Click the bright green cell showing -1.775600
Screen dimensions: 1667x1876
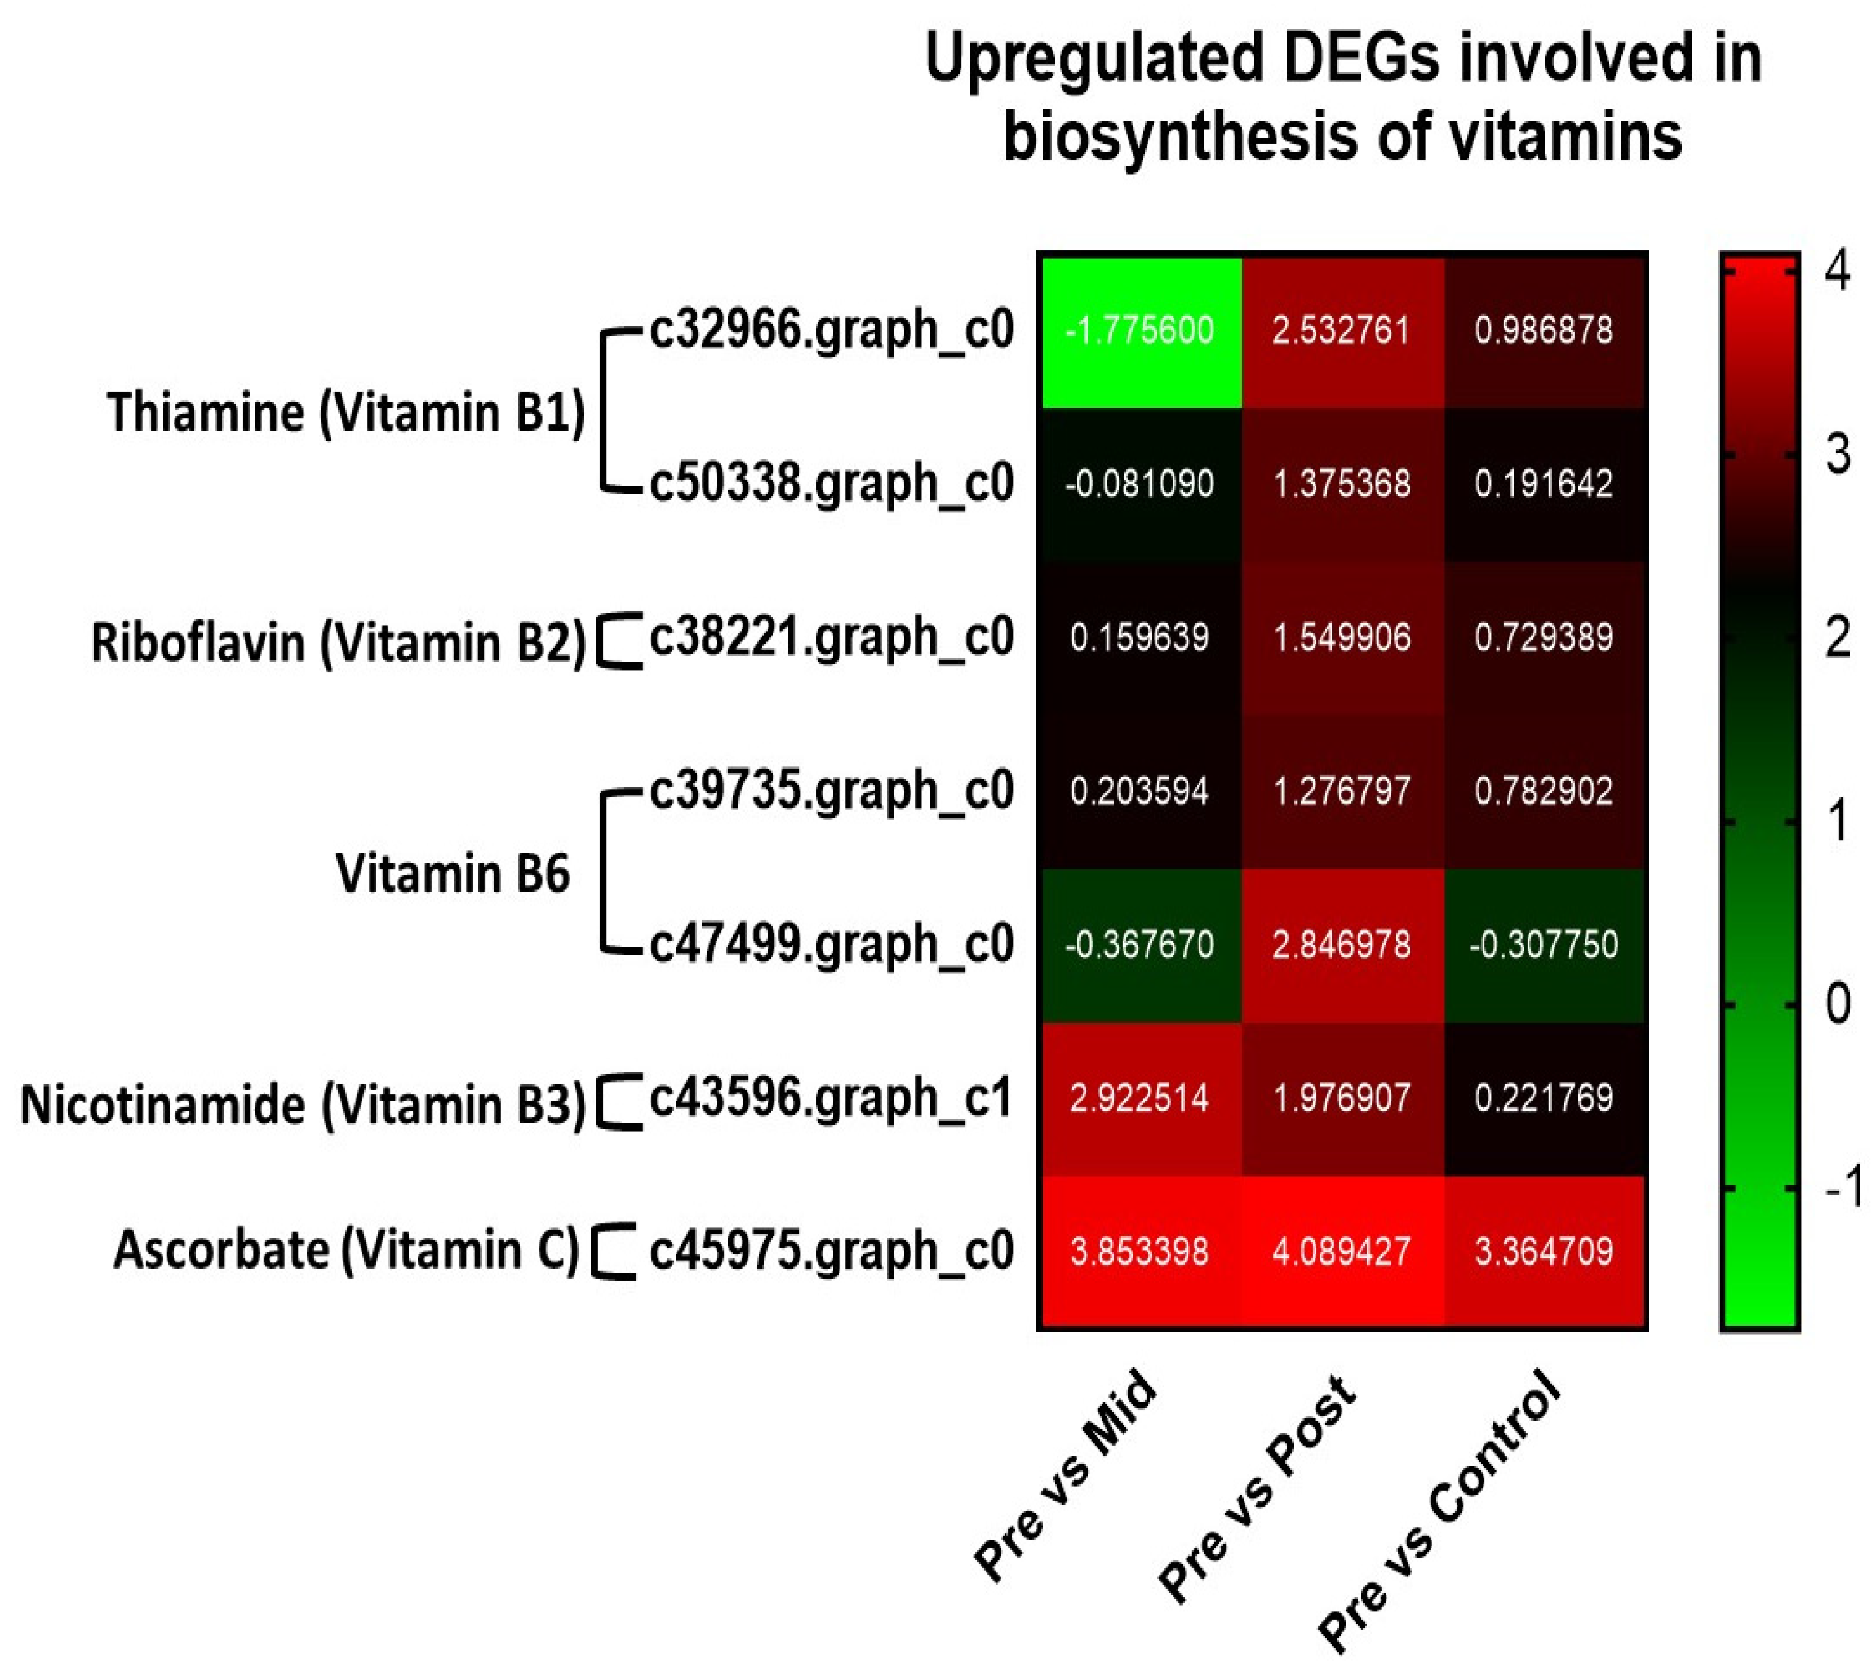point(1140,330)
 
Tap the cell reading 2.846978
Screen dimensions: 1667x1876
point(1342,945)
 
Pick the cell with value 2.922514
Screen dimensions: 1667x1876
point(1140,1098)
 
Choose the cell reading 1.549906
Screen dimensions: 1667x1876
point(1342,637)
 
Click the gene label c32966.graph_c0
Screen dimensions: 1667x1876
point(832,330)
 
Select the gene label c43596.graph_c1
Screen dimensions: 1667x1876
point(832,1098)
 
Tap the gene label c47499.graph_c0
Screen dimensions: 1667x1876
point(832,945)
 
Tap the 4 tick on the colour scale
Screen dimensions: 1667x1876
point(1838,273)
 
